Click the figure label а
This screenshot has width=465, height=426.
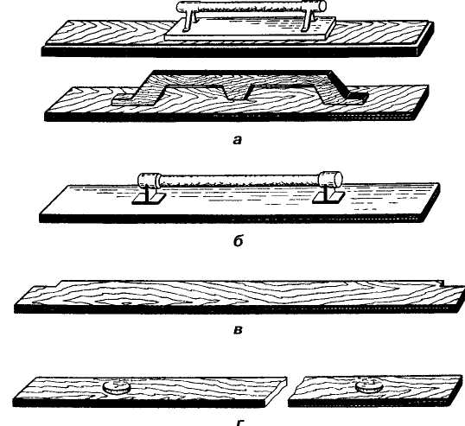tap(237, 140)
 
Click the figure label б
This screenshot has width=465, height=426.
tap(239, 241)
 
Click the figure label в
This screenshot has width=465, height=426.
tap(238, 330)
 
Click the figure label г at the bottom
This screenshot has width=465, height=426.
tap(239, 423)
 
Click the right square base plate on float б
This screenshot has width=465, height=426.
tap(328, 197)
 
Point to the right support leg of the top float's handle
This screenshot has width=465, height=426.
tap(309, 20)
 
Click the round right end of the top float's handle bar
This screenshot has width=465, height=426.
tap(322, 6)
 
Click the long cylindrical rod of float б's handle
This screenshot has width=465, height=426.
tap(239, 180)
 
